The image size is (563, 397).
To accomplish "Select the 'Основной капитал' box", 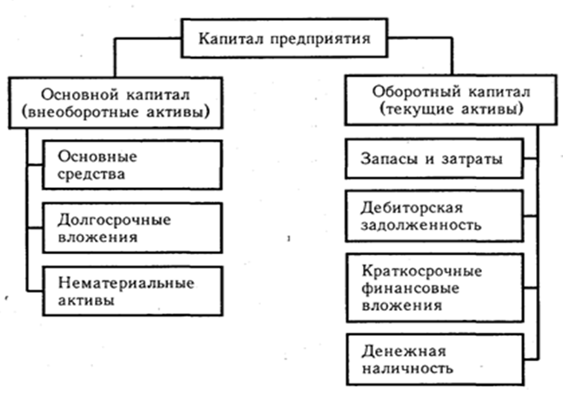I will click(115, 103).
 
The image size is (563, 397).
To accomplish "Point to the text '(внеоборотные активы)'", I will click(115, 113).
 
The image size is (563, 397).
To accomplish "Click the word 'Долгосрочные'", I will click(111, 217).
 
